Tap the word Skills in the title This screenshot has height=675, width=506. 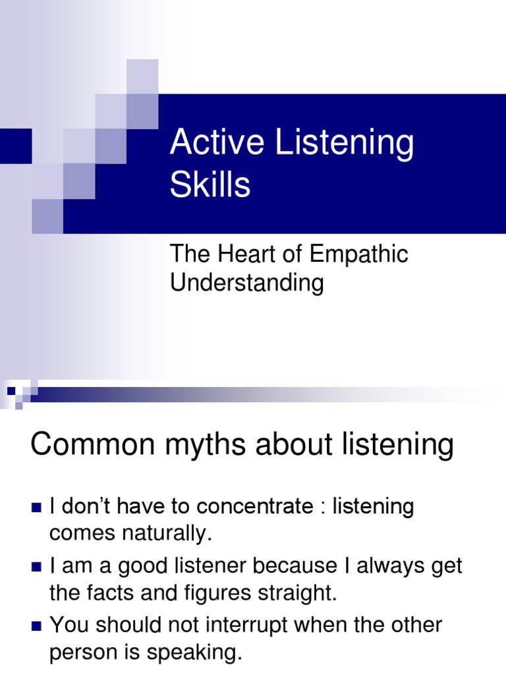point(210,185)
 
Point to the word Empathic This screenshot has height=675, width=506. point(360,255)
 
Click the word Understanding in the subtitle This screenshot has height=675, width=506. point(247,283)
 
